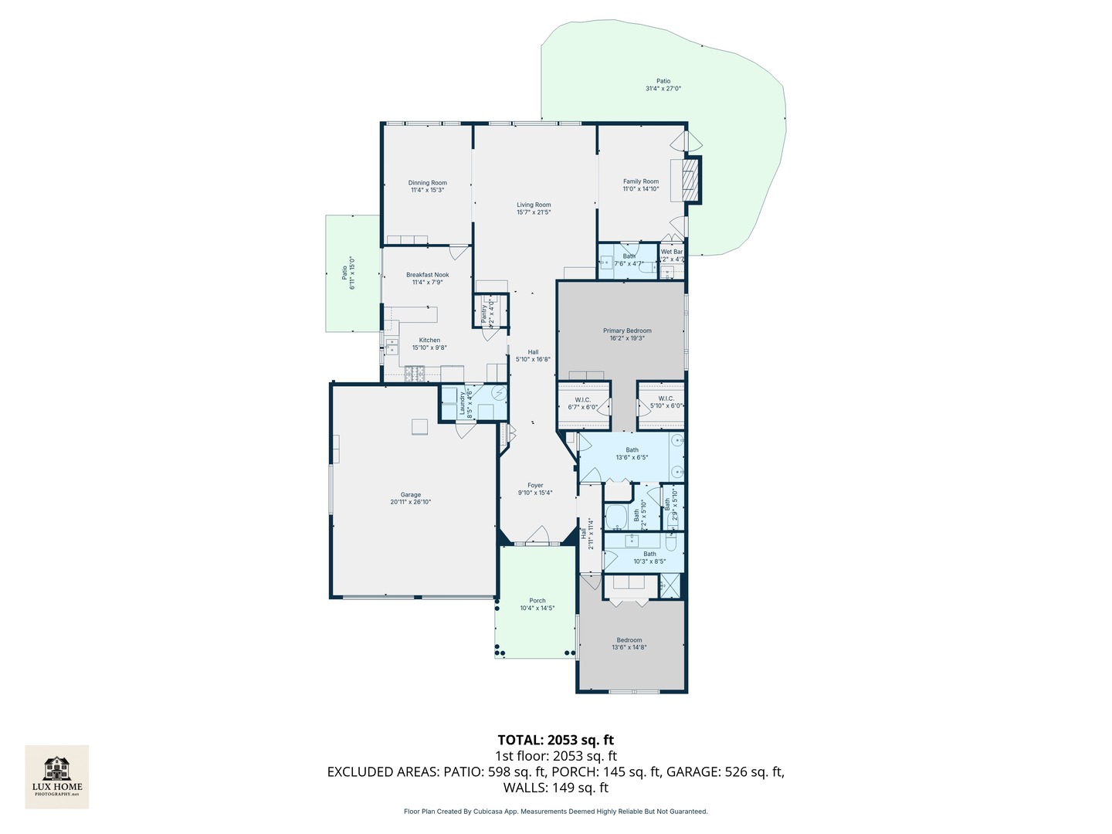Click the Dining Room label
click(x=427, y=183)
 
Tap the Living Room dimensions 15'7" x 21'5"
click(x=534, y=212)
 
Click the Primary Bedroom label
click(x=627, y=331)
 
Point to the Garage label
click(x=410, y=495)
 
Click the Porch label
click(x=537, y=601)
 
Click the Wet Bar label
click(x=671, y=252)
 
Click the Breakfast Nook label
click(x=427, y=275)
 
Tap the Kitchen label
click(x=429, y=340)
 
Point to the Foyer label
click(x=535, y=486)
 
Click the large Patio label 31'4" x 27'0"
click(x=663, y=81)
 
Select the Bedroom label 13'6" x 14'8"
click(x=629, y=640)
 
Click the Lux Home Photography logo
click(x=56, y=776)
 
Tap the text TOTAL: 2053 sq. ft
click(x=555, y=740)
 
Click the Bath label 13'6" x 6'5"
click(x=632, y=450)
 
